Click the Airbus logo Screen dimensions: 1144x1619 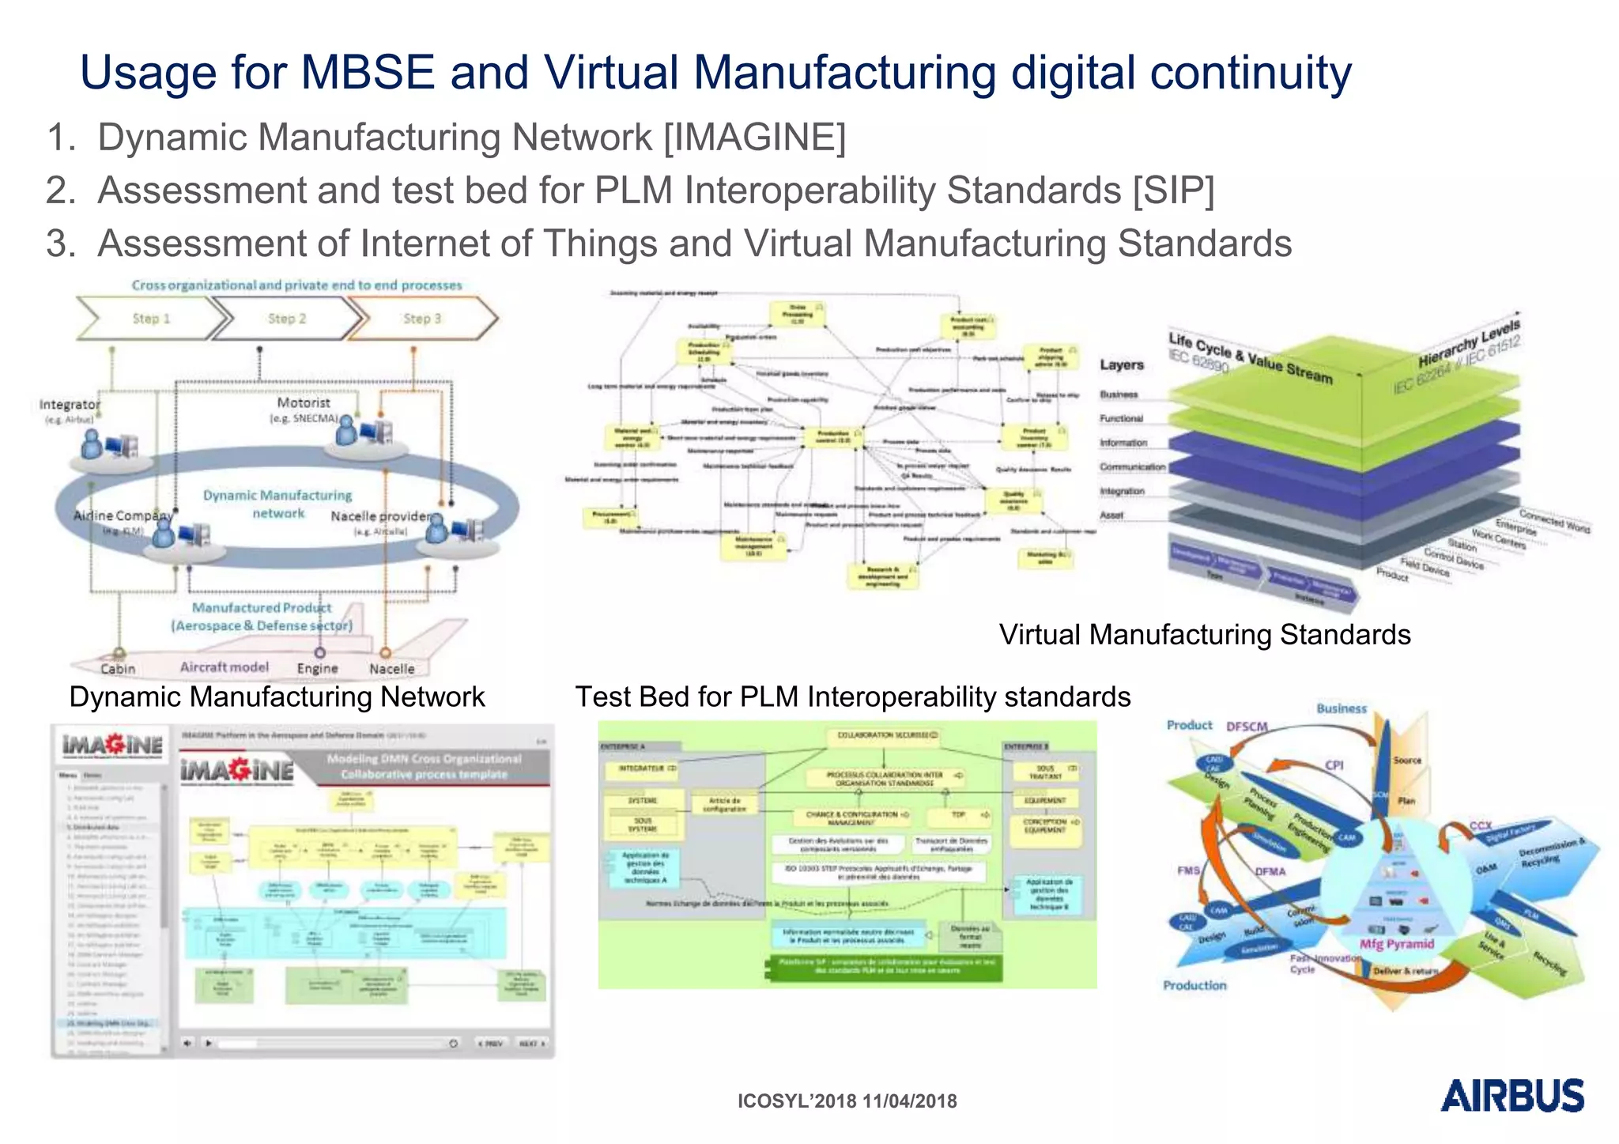point(1511,1096)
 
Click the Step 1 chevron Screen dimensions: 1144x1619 point(151,319)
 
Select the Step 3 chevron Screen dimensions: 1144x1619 point(422,319)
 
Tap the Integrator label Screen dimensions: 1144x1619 point(70,404)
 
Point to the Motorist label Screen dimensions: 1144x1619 point(304,402)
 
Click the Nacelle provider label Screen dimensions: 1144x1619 point(381,516)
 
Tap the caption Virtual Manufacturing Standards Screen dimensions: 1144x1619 point(1204,635)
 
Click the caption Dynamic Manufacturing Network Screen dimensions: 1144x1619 point(277,697)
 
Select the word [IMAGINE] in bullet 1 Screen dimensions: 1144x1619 point(754,138)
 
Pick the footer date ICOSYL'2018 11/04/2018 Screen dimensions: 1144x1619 point(847,1101)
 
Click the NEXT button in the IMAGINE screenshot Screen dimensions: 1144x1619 point(531,1044)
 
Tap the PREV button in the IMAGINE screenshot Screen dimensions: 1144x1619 point(490,1044)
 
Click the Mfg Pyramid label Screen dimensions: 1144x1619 point(1396,944)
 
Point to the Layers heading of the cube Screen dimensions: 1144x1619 point(1121,364)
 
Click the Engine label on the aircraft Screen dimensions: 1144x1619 point(317,669)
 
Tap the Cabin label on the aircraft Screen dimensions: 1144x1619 point(118,669)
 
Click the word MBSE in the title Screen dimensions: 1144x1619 point(368,73)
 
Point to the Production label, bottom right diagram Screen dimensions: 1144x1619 point(1194,985)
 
